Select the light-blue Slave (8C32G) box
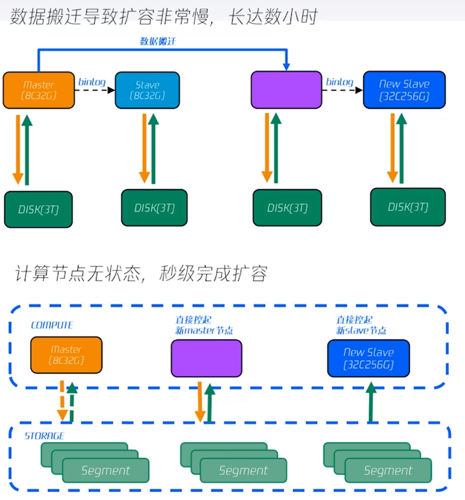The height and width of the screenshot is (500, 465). pyautogui.click(x=147, y=90)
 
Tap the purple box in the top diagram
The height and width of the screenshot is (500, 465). pyautogui.click(x=286, y=90)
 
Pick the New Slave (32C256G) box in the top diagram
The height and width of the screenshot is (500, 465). pyautogui.click(x=404, y=90)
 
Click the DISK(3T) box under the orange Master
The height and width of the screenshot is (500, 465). pyautogui.click(x=38, y=209)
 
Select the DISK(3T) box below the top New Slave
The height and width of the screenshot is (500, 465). pyautogui.click(x=407, y=207)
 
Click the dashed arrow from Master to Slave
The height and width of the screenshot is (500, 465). pyautogui.click(x=94, y=91)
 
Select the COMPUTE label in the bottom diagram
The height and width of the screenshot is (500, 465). pyautogui.click(x=52, y=325)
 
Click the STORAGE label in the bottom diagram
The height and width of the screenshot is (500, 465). pyautogui.click(x=44, y=436)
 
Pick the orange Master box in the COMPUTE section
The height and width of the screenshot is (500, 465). pyautogui.click(x=66, y=355)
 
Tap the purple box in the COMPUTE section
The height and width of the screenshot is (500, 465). pyautogui.click(x=206, y=358)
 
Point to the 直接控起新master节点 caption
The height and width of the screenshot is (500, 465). pyautogui.click(x=204, y=325)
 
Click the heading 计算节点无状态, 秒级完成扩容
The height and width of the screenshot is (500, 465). pyautogui.click(x=141, y=274)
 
